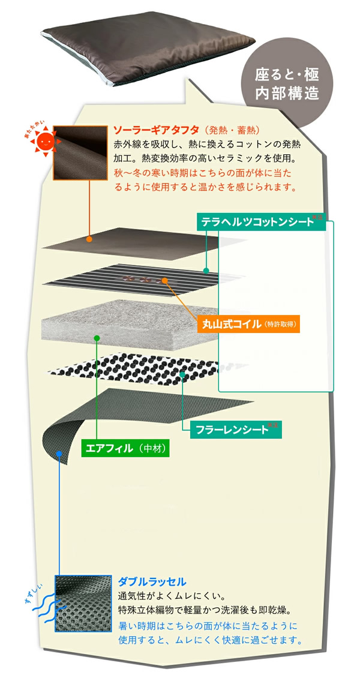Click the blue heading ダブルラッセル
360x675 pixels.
coord(152,581)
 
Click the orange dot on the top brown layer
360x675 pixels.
coord(89,239)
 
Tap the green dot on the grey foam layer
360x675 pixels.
coord(97,338)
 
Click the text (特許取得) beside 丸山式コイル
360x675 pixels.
coord(280,325)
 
